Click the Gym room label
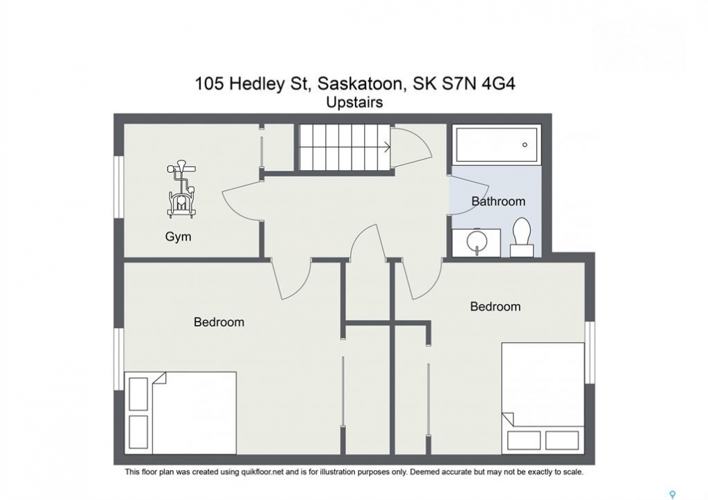pyautogui.click(x=178, y=237)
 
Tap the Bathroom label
pyautogui.click(x=498, y=201)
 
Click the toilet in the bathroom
pyautogui.click(x=522, y=237)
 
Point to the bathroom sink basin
pyautogui.click(x=477, y=242)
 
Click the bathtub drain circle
pyautogui.click(x=525, y=145)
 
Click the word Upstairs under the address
pyautogui.click(x=354, y=103)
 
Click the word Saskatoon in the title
pyautogui.click(x=359, y=84)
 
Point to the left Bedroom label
pyautogui.click(x=219, y=322)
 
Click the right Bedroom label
pyautogui.click(x=495, y=307)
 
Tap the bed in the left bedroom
pyautogui.click(x=181, y=413)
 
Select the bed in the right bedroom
pyautogui.click(x=543, y=398)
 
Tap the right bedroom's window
pyautogui.click(x=590, y=352)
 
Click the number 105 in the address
pyautogui.click(x=209, y=84)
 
